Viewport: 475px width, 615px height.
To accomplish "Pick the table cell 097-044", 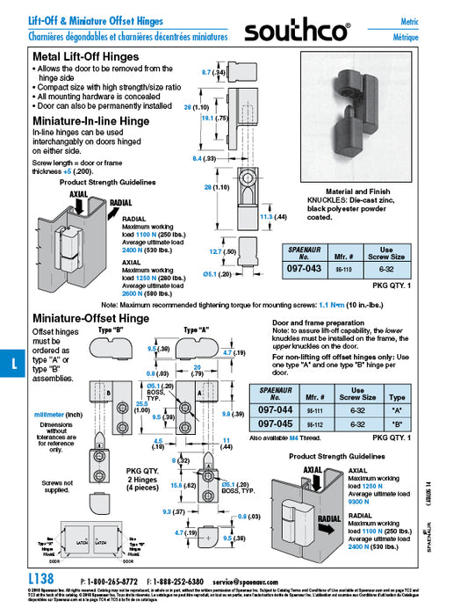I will [273, 409].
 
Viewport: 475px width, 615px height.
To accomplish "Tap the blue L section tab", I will [9, 363].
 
